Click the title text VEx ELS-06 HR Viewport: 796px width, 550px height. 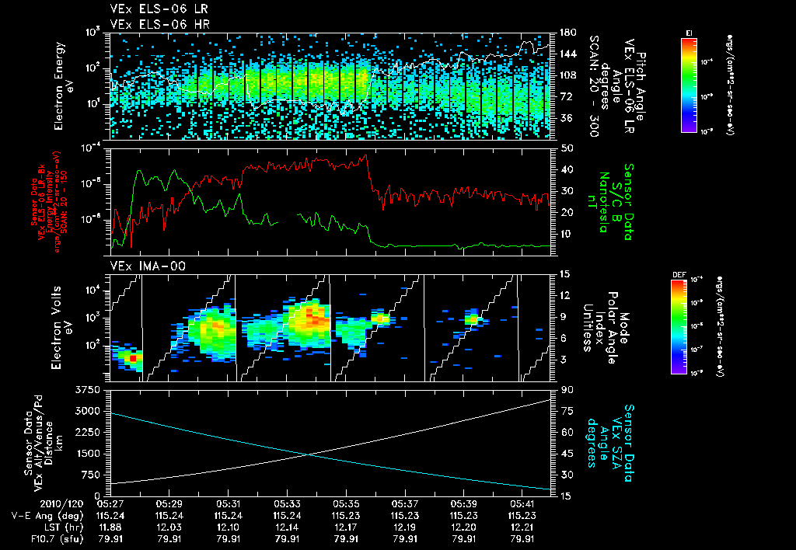click(154, 24)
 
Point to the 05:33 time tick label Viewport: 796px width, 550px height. click(288, 503)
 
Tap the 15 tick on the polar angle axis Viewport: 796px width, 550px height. click(560, 273)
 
